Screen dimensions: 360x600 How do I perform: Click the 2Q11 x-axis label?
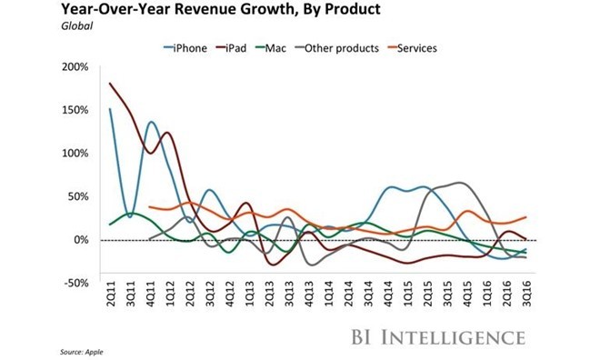[x=109, y=301]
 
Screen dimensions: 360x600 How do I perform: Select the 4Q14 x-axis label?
[x=387, y=301]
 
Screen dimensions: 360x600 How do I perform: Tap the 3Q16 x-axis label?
[x=525, y=301]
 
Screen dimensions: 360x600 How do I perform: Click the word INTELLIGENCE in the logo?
[x=455, y=337]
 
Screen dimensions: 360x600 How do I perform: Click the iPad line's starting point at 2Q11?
[x=109, y=84]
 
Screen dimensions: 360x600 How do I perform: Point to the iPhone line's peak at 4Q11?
[x=150, y=122]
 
